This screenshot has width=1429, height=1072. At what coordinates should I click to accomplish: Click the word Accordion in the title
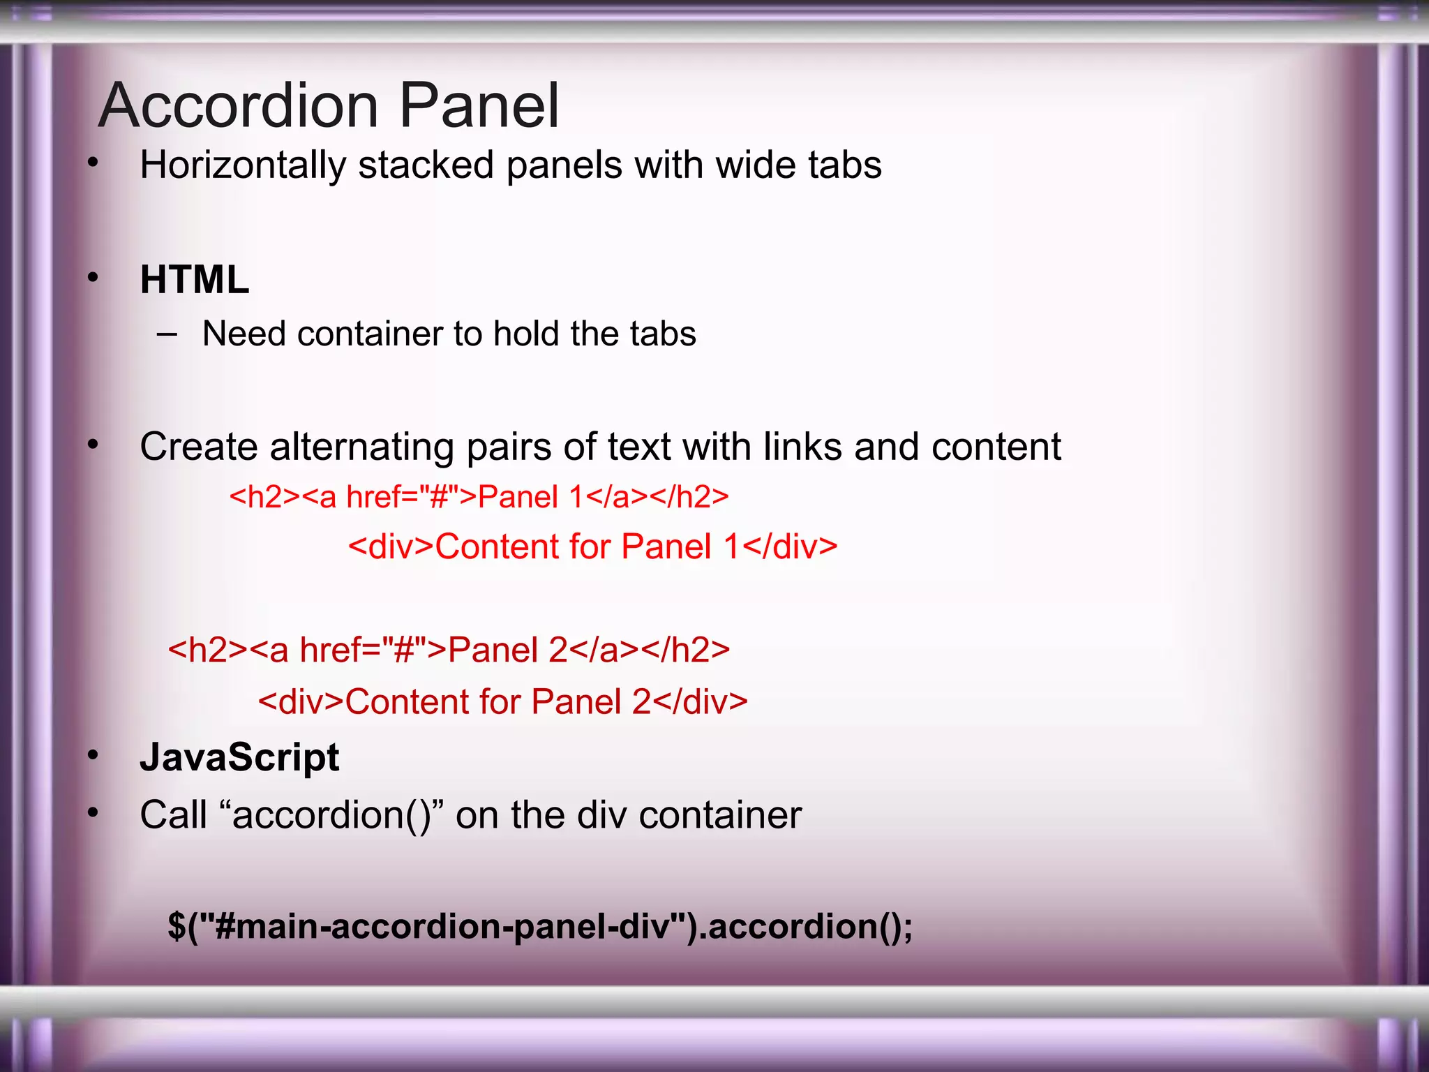click(239, 106)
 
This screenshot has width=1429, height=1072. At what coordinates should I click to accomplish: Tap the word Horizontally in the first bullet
click(243, 166)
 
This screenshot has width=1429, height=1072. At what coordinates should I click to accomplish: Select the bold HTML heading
click(194, 280)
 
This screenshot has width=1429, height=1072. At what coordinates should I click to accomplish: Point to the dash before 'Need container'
click(167, 334)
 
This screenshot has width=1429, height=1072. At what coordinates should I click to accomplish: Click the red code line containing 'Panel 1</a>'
click(479, 497)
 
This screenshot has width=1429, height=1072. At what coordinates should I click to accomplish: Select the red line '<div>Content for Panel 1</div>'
click(592, 546)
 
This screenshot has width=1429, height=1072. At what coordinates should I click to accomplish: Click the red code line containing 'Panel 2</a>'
click(449, 650)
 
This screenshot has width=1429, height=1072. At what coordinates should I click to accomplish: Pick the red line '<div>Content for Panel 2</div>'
click(502, 701)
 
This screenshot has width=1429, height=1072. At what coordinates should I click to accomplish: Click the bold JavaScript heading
click(239, 758)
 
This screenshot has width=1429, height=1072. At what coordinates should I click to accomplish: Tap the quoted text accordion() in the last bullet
click(331, 815)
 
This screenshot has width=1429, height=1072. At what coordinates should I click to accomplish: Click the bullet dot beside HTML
click(93, 278)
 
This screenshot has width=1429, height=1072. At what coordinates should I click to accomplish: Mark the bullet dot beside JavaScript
click(93, 755)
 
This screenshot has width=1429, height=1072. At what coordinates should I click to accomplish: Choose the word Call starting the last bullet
click(173, 815)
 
